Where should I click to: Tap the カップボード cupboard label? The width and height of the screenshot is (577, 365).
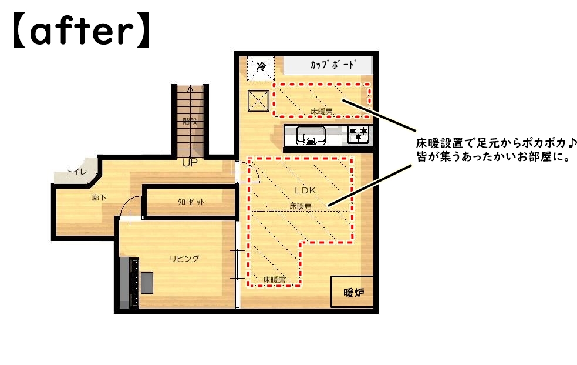point(333,65)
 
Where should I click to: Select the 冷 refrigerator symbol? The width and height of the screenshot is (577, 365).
point(261,68)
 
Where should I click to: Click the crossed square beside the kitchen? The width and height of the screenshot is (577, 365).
point(258,100)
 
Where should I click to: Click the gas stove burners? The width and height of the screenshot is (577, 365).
point(358,134)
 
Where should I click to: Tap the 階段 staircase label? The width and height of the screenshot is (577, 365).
point(190,121)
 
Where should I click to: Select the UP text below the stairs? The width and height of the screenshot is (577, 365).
point(190,162)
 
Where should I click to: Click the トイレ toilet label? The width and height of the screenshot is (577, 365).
point(76,172)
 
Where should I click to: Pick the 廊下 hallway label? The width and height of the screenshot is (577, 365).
point(99,198)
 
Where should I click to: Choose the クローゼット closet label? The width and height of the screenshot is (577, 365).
point(191,202)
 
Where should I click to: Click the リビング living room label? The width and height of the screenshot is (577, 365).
point(184,259)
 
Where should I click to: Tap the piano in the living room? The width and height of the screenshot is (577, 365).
point(130,283)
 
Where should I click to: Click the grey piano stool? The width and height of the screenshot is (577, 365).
point(147,283)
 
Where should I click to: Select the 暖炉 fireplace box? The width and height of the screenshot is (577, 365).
point(353,292)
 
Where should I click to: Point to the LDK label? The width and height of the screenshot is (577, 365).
point(305,190)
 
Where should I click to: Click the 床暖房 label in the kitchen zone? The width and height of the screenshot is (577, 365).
point(321,111)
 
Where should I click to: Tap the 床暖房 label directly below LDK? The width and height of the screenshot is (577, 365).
point(301,206)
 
